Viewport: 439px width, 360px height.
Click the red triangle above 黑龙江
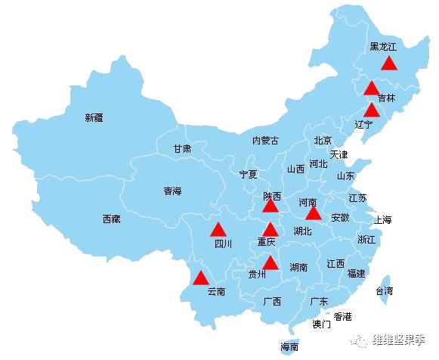[x=388, y=63]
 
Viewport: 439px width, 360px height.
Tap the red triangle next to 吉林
[x=371, y=88]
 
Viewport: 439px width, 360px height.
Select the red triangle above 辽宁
[x=371, y=110]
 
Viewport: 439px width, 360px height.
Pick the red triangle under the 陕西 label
[x=271, y=205]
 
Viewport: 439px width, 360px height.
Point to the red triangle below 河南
[x=313, y=213]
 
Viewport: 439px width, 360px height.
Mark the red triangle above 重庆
[x=271, y=230]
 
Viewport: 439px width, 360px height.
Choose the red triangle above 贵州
[x=271, y=263]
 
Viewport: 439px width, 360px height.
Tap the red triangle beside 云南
[x=200, y=278]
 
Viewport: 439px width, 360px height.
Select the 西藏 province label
[x=111, y=219]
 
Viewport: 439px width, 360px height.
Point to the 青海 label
[x=172, y=191]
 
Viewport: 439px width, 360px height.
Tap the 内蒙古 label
[x=265, y=140]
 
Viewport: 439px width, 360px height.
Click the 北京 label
[x=323, y=140]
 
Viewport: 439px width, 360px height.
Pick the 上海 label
[x=383, y=220]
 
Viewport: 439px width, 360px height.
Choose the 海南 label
[x=289, y=347]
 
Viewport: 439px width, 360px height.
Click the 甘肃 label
[x=182, y=149]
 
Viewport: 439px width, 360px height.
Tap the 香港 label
[x=343, y=316]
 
